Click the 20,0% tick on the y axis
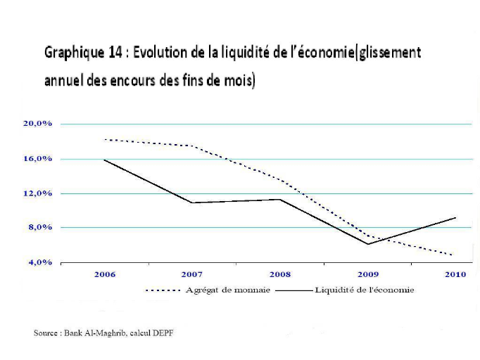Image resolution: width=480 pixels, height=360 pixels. point(38,124)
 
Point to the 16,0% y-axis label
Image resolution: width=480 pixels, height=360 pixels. point(38,159)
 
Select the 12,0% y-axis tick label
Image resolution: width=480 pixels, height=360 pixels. point(38,193)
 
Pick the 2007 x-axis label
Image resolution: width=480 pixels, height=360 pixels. point(192,275)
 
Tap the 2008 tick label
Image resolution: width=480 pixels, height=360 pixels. point(280,275)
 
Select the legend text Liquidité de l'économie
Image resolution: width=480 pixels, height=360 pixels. point(365,290)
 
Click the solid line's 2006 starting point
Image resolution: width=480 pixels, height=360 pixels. point(104,160)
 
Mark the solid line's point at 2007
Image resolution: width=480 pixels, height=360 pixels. point(192,202)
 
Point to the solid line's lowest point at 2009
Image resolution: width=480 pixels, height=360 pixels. point(367,244)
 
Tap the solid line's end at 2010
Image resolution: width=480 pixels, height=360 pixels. point(455,218)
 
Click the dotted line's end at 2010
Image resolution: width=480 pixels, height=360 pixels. point(453,255)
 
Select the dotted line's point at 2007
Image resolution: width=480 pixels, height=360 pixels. point(192,146)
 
